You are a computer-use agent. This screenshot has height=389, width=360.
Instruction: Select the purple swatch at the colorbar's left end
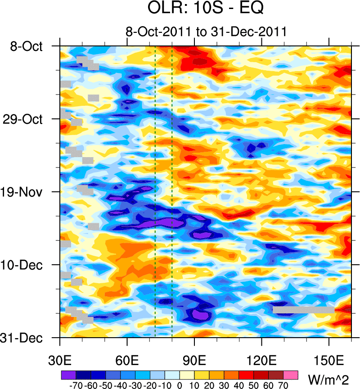pyautogui.click(x=68, y=375)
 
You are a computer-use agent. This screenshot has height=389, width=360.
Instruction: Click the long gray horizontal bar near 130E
pyautogui.click(x=303, y=310)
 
